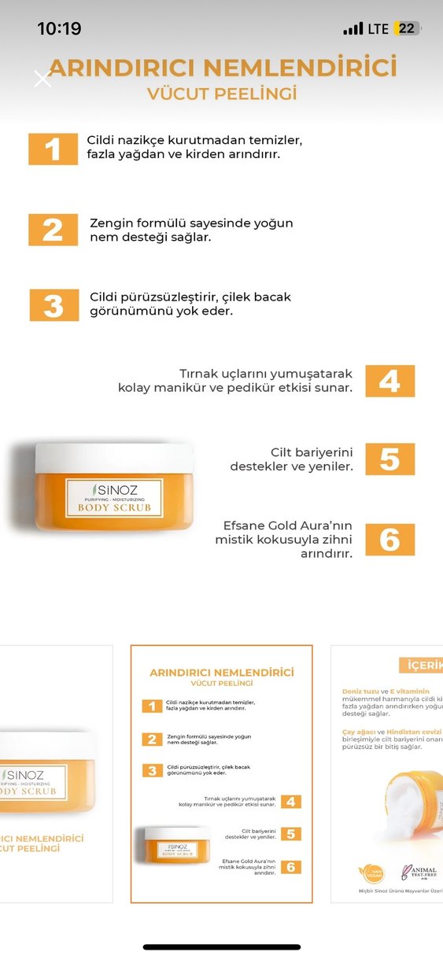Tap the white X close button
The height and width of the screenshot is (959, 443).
coord(42,79)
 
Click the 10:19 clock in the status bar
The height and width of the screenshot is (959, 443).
coord(59,29)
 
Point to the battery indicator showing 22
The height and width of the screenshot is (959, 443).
coord(408,29)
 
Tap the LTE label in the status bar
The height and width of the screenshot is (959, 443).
coord(378,29)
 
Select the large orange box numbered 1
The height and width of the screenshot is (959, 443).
coord(53,149)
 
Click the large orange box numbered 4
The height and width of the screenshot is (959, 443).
coord(389,381)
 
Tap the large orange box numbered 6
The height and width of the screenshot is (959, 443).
coord(389,540)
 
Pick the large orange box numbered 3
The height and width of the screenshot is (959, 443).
coord(54,305)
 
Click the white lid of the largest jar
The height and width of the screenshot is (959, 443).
coord(113,458)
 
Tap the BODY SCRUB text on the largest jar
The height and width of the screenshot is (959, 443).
coord(114,507)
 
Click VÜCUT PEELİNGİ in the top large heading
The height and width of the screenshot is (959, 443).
coord(222,94)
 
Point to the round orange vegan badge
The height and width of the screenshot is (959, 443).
coord(370,873)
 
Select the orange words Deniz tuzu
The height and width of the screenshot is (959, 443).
coord(360,692)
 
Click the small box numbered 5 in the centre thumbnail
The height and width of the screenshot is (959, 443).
coord(290,834)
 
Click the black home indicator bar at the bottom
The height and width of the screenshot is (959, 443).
coord(221,947)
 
